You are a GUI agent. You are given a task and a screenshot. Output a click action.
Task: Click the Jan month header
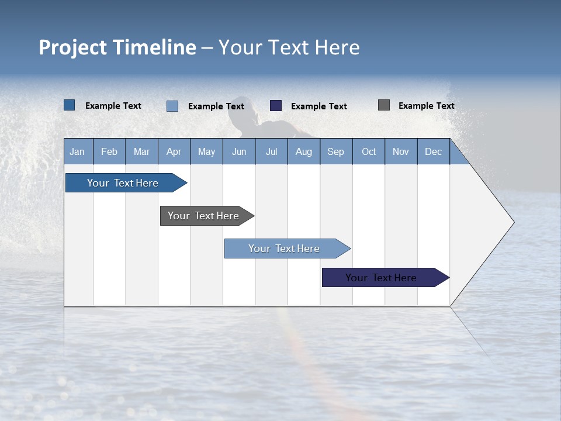point(78,151)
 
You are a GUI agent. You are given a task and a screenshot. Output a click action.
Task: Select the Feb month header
point(109,151)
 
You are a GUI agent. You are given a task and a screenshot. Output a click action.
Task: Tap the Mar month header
point(141,151)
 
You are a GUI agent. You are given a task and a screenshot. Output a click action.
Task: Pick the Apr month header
point(174,151)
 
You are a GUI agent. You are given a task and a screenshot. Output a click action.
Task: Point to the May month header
point(206,151)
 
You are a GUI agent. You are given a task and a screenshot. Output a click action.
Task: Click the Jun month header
point(239,151)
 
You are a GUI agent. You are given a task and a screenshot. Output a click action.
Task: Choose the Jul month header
point(271,151)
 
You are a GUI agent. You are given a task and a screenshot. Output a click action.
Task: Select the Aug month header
point(303,151)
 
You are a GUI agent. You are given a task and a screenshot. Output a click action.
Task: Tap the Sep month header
point(335,151)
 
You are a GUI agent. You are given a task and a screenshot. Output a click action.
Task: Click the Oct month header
point(369,151)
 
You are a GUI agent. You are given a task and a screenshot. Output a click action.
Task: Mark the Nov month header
point(401,151)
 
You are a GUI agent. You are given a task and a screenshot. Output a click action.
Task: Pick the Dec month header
point(433,151)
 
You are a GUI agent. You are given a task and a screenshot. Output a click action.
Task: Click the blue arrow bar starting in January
point(123,183)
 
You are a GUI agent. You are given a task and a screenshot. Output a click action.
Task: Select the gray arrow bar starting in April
point(204,216)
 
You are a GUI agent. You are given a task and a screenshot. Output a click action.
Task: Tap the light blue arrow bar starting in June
point(285,249)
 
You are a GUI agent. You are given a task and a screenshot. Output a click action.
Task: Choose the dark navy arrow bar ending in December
point(382,278)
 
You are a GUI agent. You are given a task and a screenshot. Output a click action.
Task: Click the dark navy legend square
point(276,106)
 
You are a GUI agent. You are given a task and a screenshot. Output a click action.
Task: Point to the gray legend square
point(384,105)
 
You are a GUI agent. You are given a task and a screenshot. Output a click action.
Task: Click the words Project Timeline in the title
point(117,47)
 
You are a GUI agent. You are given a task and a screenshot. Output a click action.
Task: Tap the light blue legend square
point(172,106)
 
